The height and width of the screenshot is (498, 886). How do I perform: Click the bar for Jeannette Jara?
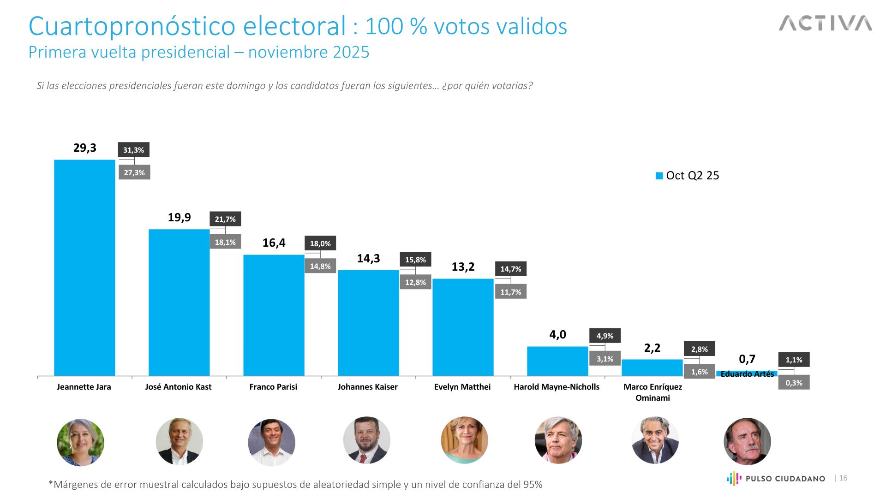click(x=84, y=267)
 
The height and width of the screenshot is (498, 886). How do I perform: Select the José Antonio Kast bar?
click(x=179, y=302)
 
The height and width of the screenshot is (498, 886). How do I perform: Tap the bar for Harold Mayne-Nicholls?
click(x=557, y=361)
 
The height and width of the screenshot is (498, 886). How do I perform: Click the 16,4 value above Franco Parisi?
click(x=274, y=243)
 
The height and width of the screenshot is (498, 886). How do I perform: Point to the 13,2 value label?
click(x=463, y=267)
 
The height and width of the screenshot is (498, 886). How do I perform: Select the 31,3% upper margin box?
click(x=134, y=150)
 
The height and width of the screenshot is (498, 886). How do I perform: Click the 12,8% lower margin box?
click(x=415, y=282)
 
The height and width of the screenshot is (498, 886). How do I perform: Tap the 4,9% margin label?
click(x=605, y=336)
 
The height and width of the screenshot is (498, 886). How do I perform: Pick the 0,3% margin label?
click(x=794, y=383)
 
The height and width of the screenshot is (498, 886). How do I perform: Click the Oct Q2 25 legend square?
click(x=659, y=176)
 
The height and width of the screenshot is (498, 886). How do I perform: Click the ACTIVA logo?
click(x=826, y=23)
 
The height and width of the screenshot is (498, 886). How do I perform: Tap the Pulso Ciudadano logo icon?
click(x=734, y=479)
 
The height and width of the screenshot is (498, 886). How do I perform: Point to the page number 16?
click(x=843, y=478)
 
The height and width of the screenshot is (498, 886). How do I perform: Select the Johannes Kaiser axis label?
click(x=367, y=387)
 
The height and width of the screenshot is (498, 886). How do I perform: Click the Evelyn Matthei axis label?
click(x=462, y=387)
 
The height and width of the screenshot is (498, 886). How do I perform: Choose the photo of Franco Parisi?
click(x=272, y=442)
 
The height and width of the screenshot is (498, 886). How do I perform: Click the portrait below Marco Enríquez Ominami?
click(x=655, y=440)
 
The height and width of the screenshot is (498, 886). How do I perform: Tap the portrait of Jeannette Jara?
click(x=81, y=442)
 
